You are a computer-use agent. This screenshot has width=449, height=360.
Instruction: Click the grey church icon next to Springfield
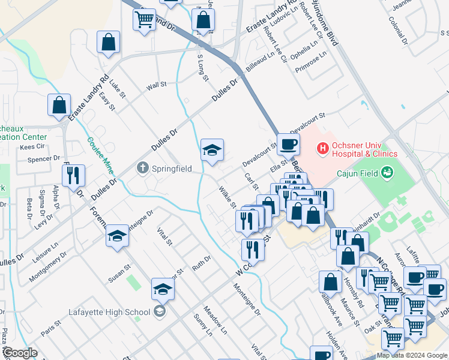(x=142, y=168)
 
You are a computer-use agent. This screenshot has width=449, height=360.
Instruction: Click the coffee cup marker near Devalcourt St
(x=288, y=145)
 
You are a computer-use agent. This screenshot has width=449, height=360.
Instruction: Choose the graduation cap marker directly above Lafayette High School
(x=163, y=290)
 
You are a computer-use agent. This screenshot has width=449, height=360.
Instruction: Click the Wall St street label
(x=156, y=86)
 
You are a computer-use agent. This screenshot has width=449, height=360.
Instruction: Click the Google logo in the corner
(x=20, y=353)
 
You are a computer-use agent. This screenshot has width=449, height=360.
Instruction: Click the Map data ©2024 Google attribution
(x=412, y=355)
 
